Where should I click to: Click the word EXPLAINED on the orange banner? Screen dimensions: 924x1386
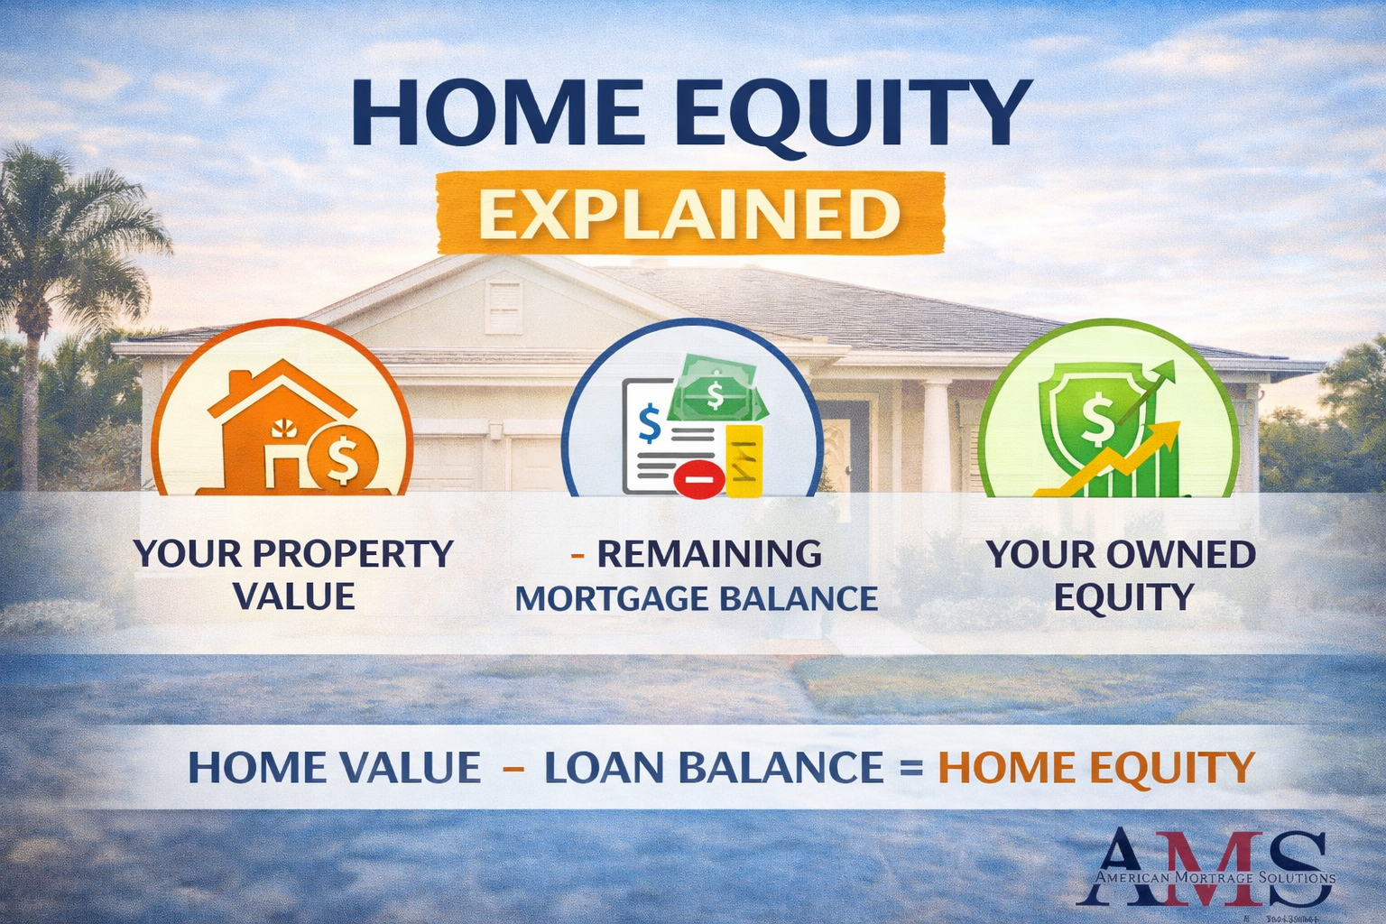(x=689, y=215)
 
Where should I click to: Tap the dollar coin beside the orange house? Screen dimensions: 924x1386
(x=342, y=458)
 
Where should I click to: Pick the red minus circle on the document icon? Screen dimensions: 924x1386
(x=698, y=478)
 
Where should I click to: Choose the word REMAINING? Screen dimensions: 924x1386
(x=709, y=554)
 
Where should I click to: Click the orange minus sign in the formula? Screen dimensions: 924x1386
(x=513, y=768)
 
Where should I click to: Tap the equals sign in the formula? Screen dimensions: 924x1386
(x=910, y=769)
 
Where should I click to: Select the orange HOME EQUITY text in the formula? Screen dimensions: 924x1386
(x=1096, y=768)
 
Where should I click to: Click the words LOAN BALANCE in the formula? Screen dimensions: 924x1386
(x=714, y=768)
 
